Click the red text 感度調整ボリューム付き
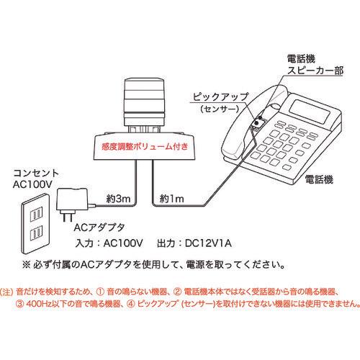click(145, 146)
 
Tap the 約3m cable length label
click(118, 199)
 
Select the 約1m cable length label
click(172, 199)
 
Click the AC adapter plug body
click(72, 200)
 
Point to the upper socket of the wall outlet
click(37, 215)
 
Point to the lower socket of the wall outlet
click(37, 233)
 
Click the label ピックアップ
click(220, 97)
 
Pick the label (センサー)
click(220, 109)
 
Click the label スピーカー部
click(315, 71)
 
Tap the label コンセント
click(36, 174)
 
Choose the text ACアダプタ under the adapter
click(99, 228)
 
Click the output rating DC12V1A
click(208, 243)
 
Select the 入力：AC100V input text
click(109, 243)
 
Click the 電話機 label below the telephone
click(319, 179)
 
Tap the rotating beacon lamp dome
click(145, 102)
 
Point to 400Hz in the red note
click(38, 304)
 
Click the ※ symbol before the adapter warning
click(26, 265)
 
